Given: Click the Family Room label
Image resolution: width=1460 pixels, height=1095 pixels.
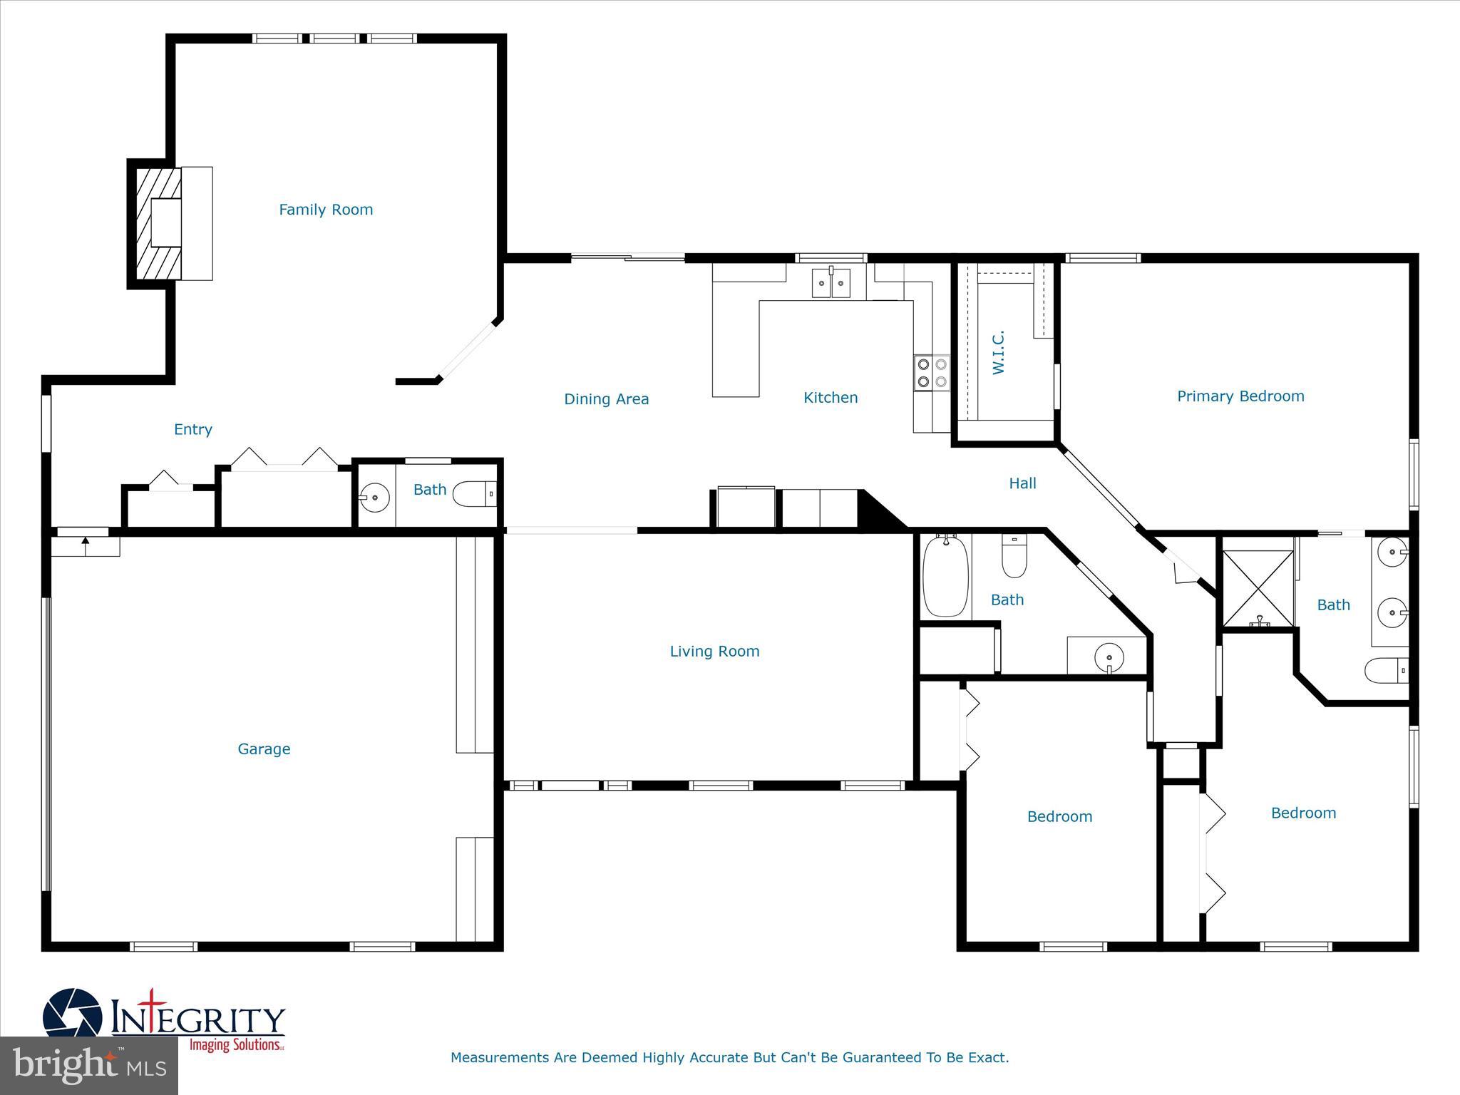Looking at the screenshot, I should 326,210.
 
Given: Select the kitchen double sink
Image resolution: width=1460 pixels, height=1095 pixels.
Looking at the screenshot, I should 831,283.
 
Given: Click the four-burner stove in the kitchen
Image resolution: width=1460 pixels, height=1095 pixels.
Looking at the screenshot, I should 932,373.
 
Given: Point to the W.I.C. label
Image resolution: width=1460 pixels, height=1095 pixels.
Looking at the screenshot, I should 998,352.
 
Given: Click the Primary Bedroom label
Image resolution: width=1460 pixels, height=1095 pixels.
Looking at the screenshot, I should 1240,396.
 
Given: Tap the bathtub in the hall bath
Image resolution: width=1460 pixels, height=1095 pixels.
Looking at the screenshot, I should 945,577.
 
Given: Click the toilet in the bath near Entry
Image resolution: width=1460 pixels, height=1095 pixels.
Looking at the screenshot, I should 473,493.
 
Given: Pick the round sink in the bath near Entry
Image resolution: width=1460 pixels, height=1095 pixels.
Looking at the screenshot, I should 375,495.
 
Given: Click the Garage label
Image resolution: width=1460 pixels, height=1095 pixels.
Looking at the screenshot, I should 264,749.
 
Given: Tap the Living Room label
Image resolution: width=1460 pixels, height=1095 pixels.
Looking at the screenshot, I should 714,651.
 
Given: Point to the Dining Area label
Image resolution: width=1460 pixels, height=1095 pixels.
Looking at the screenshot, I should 606,399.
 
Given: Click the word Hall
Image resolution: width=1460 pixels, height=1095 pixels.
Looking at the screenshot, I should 1022,483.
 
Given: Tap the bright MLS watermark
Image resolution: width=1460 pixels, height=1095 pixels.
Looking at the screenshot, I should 88,1065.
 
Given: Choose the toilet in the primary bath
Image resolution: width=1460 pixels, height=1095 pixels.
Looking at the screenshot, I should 1387,670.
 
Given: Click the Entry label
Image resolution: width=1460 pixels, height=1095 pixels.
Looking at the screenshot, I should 193,429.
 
